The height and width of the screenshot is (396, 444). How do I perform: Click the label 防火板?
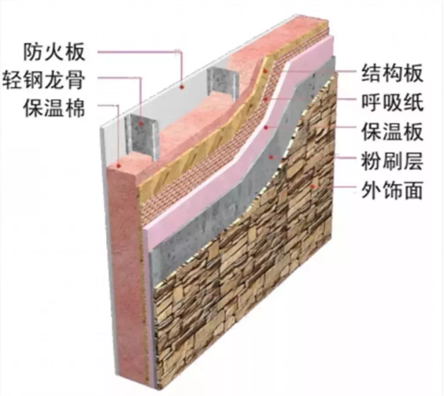[54, 52]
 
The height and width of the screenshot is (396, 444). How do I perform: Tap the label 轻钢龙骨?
[44, 80]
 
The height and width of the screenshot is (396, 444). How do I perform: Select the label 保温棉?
[54, 108]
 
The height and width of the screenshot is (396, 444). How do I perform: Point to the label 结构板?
[392, 73]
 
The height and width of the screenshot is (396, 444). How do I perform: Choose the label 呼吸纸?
[392, 102]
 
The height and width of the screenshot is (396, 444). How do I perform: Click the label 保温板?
[392, 131]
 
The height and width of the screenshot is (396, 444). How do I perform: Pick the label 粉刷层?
[392, 161]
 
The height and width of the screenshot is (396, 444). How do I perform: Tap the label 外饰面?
[392, 190]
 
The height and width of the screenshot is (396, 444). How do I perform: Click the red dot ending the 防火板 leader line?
[183, 87]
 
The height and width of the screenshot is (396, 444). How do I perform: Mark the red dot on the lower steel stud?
[141, 124]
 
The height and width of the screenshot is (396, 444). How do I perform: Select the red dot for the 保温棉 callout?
[119, 165]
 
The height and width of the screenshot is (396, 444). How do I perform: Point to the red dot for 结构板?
[265, 71]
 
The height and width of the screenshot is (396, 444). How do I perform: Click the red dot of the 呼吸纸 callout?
[265, 99]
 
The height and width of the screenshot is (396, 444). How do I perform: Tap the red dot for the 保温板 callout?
[266, 128]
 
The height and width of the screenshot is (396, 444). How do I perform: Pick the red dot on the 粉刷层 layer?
[272, 157]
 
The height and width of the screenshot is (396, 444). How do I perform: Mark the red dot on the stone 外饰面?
[313, 186]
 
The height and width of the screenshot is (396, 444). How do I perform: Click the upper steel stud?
[221, 83]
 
